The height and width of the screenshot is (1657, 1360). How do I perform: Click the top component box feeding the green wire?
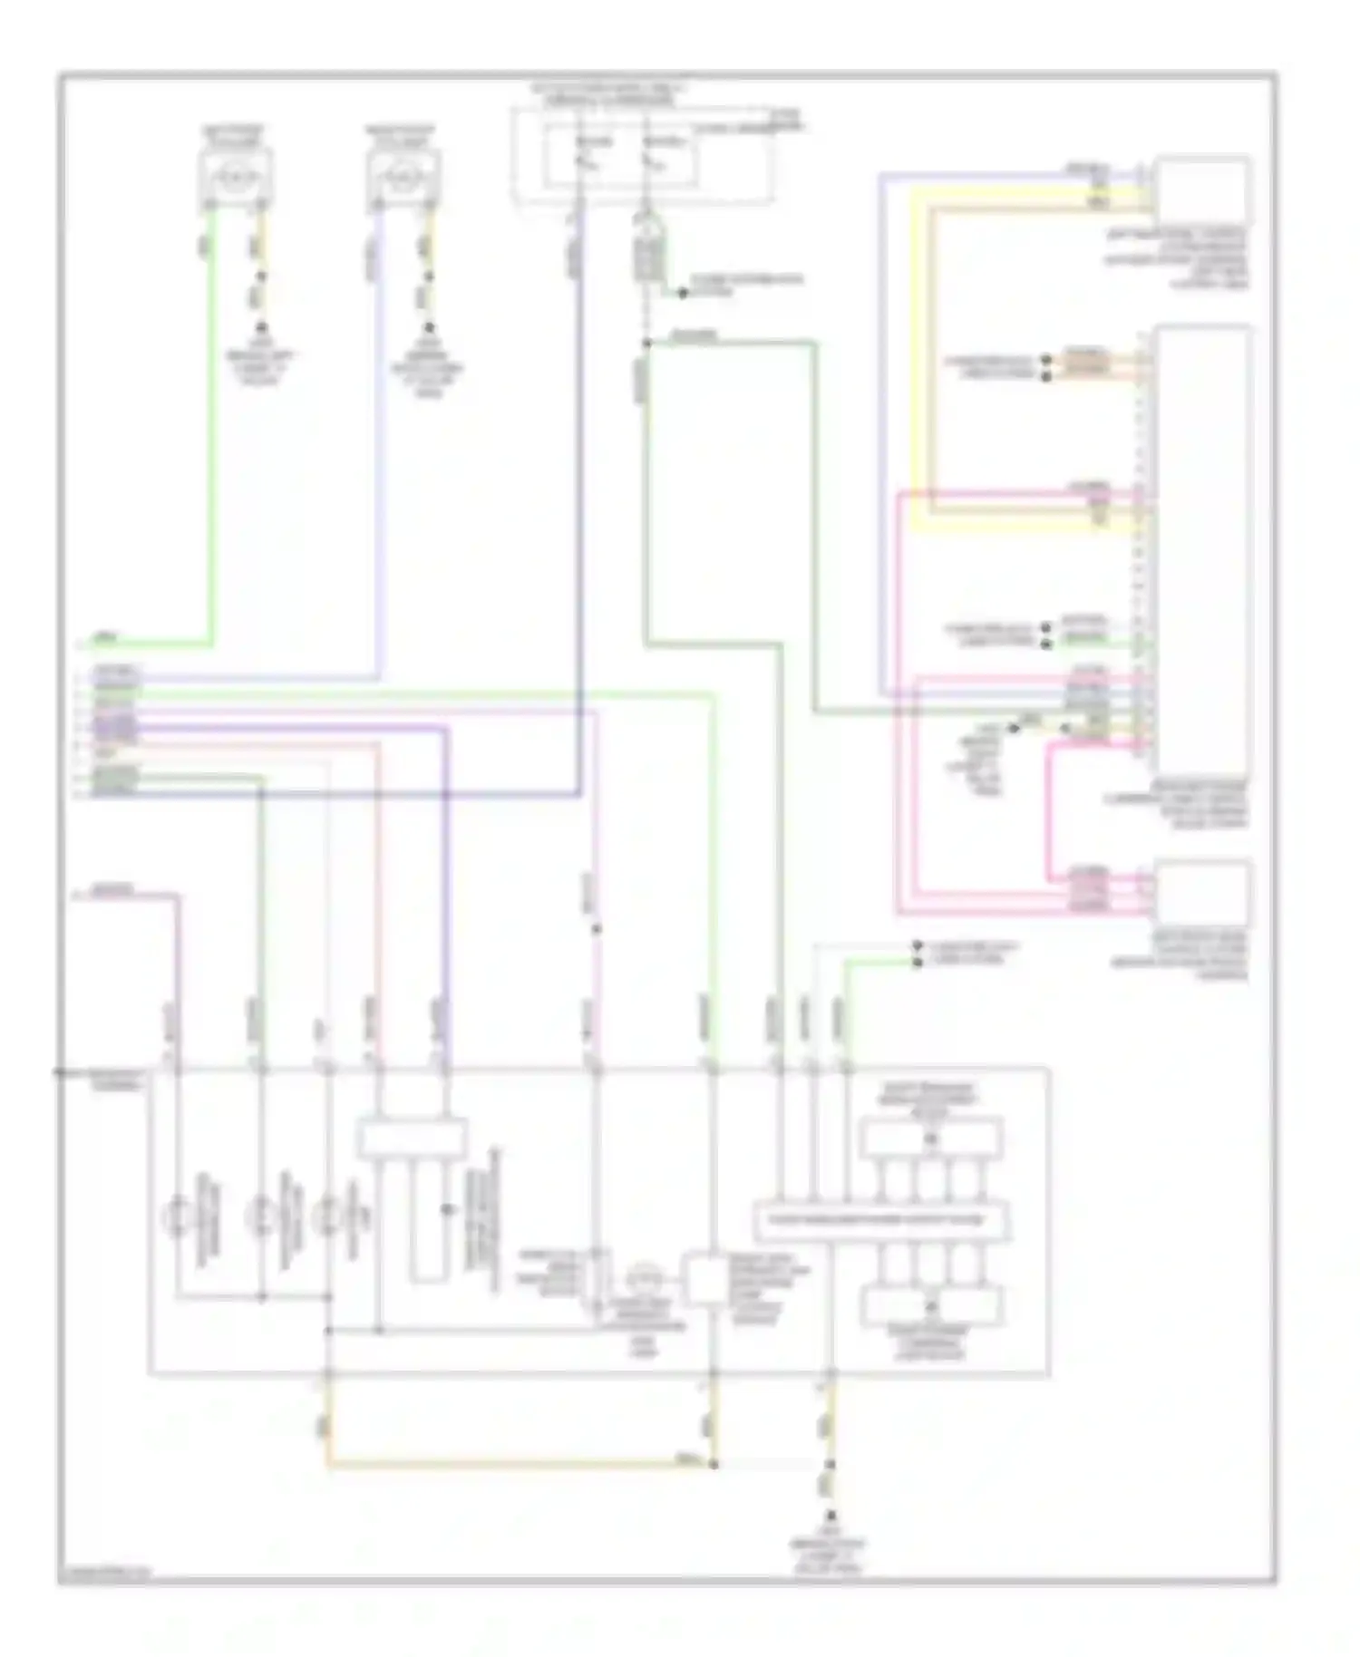(x=235, y=176)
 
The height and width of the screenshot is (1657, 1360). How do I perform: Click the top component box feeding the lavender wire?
(x=403, y=176)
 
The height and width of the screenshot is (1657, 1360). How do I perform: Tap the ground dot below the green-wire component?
(x=261, y=326)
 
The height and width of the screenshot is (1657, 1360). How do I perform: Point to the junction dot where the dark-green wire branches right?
(x=646, y=344)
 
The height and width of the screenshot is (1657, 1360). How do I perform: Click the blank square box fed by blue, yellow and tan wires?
(x=1201, y=189)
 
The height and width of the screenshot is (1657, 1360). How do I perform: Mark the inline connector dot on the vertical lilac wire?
(x=596, y=929)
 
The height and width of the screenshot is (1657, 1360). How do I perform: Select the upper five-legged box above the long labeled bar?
(x=930, y=1139)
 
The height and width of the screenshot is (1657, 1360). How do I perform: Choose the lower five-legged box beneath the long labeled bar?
(x=930, y=1305)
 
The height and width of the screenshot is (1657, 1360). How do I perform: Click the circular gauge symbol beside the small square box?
(x=646, y=1279)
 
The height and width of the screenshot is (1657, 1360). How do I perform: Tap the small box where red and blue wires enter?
(x=413, y=1139)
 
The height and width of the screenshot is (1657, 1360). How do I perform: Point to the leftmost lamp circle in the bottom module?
(x=178, y=1216)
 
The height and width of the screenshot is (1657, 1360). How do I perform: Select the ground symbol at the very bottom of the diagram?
(x=830, y=1516)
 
